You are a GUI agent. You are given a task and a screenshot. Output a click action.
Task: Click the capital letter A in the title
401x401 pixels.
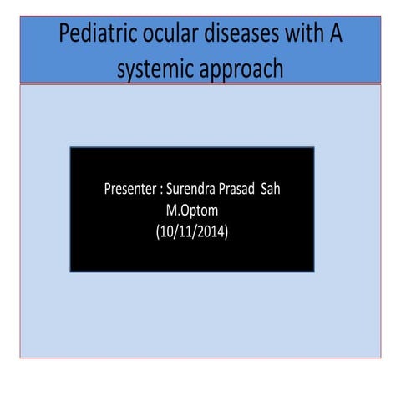(x=334, y=36)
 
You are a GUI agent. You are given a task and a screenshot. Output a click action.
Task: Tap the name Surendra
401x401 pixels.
(x=195, y=190)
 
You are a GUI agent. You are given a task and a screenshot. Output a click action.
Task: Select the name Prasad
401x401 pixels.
(x=245, y=190)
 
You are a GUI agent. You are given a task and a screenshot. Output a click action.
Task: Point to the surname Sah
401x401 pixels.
(x=282, y=190)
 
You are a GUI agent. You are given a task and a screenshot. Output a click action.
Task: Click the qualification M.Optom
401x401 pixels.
(x=192, y=211)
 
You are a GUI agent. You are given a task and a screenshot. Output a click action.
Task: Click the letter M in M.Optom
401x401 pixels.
(x=171, y=211)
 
